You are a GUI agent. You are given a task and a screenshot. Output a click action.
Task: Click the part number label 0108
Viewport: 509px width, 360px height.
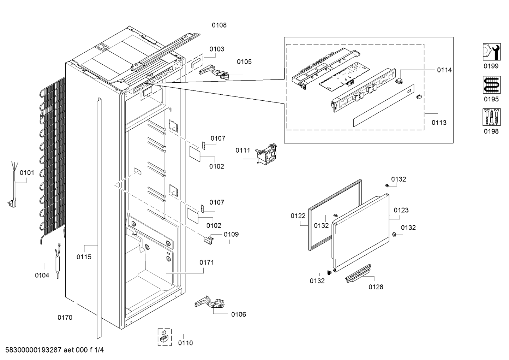[219, 25]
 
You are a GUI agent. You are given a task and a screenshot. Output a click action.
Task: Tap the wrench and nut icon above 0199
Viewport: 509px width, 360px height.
[491, 52]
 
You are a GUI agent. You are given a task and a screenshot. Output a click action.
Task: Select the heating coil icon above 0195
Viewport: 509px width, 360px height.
[491, 85]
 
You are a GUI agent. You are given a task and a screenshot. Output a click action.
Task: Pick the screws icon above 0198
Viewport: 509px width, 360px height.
[491, 117]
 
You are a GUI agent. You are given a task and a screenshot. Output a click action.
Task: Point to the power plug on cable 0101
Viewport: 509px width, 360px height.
[12, 203]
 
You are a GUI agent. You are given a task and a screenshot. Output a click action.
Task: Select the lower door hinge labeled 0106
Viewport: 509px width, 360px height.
[210, 303]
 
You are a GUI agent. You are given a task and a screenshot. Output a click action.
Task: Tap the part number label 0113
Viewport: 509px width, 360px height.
[439, 123]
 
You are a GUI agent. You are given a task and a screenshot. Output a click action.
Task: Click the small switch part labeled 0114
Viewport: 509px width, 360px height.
[399, 81]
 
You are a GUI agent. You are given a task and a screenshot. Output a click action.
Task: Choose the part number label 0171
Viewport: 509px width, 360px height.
[206, 262]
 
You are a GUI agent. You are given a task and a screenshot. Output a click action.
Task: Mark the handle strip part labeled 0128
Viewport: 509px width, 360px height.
[358, 273]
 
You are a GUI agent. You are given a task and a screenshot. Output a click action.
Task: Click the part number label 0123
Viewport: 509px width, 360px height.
[401, 210]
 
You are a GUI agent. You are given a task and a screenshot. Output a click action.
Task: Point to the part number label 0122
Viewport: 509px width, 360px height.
[298, 216]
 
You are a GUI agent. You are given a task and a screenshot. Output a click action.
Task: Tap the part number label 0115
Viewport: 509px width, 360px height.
[84, 257]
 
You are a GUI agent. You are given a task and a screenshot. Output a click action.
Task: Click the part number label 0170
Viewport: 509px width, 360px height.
[65, 318]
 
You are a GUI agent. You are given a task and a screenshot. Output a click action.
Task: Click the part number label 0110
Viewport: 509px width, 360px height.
[185, 343]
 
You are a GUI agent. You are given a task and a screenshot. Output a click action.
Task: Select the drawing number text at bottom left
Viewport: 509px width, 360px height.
[54, 350]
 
